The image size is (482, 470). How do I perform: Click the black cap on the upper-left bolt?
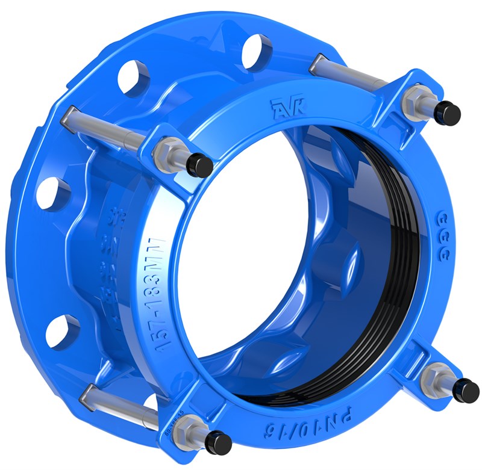pyautogui.click(x=199, y=164)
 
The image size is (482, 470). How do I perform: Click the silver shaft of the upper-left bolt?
pyautogui.click(x=102, y=123)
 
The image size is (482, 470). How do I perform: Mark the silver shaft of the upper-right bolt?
pyautogui.click(x=352, y=71)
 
